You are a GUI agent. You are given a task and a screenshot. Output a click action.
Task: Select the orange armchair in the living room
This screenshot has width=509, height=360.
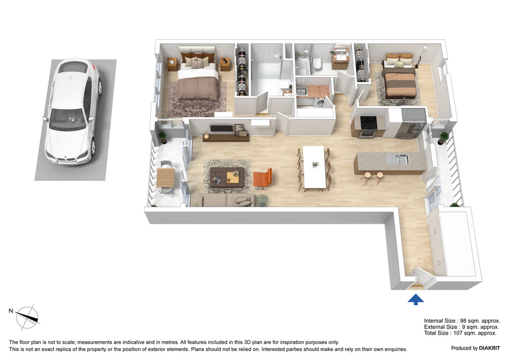pos(262,178)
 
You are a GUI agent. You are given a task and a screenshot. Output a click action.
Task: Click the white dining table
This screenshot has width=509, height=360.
pos(314,167)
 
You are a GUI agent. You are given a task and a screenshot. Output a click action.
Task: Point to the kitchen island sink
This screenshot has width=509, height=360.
pos(398,159)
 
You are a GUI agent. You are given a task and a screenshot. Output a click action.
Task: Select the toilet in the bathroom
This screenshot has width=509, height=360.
pos(316,63)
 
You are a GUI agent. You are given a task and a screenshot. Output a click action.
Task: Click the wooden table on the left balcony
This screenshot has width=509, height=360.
pos(166,178)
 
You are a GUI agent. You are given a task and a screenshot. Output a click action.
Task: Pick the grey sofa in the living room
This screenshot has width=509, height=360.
pos(227,200)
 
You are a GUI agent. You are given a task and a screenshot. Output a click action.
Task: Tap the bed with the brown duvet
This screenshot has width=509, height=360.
pos(197,82)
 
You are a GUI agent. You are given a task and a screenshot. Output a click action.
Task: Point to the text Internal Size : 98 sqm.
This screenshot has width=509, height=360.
pos(461,321)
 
